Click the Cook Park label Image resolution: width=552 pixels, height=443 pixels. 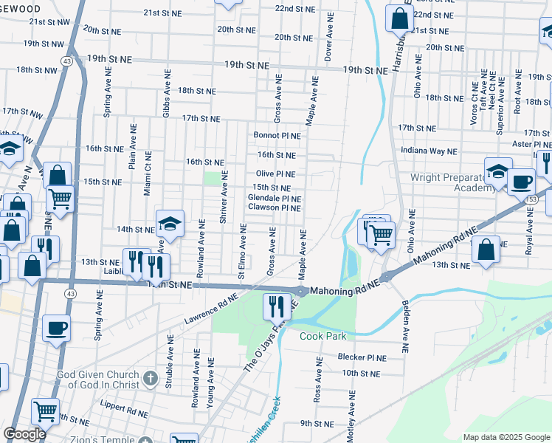[x=322, y=336]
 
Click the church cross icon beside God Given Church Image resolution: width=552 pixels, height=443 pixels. [x=150, y=379]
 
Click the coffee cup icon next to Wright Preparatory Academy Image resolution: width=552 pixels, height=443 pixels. [x=521, y=181]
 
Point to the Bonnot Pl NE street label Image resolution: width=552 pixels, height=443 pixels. [x=277, y=136]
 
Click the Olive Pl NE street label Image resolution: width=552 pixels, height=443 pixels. [x=275, y=174]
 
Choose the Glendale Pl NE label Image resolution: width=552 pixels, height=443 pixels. [x=274, y=199]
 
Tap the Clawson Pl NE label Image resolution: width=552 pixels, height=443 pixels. [x=274, y=208]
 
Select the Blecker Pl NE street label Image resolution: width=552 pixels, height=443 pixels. [x=362, y=357]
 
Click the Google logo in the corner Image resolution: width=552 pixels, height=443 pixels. [x=24, y=434]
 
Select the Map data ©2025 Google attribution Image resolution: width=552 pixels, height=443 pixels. [x=506, y=437]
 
